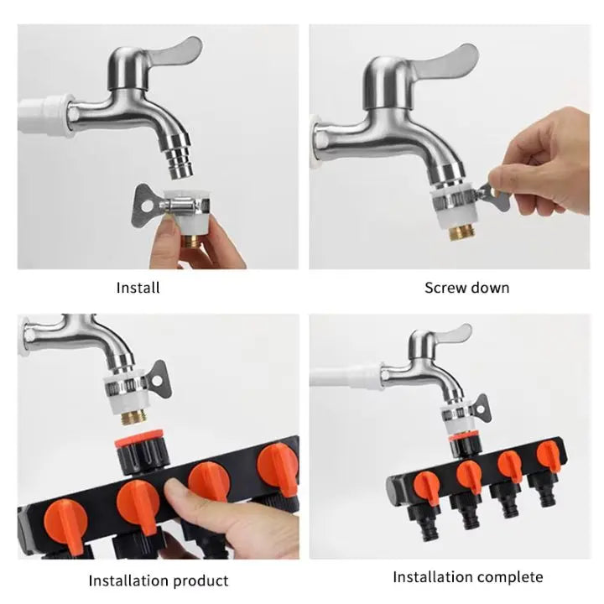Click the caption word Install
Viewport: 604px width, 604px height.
(x=138, y=288)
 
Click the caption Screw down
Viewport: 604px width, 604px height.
(x=466, y=288)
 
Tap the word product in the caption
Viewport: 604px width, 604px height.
(x=200, y=580)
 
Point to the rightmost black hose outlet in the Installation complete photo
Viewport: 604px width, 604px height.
(x=548, y=496)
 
